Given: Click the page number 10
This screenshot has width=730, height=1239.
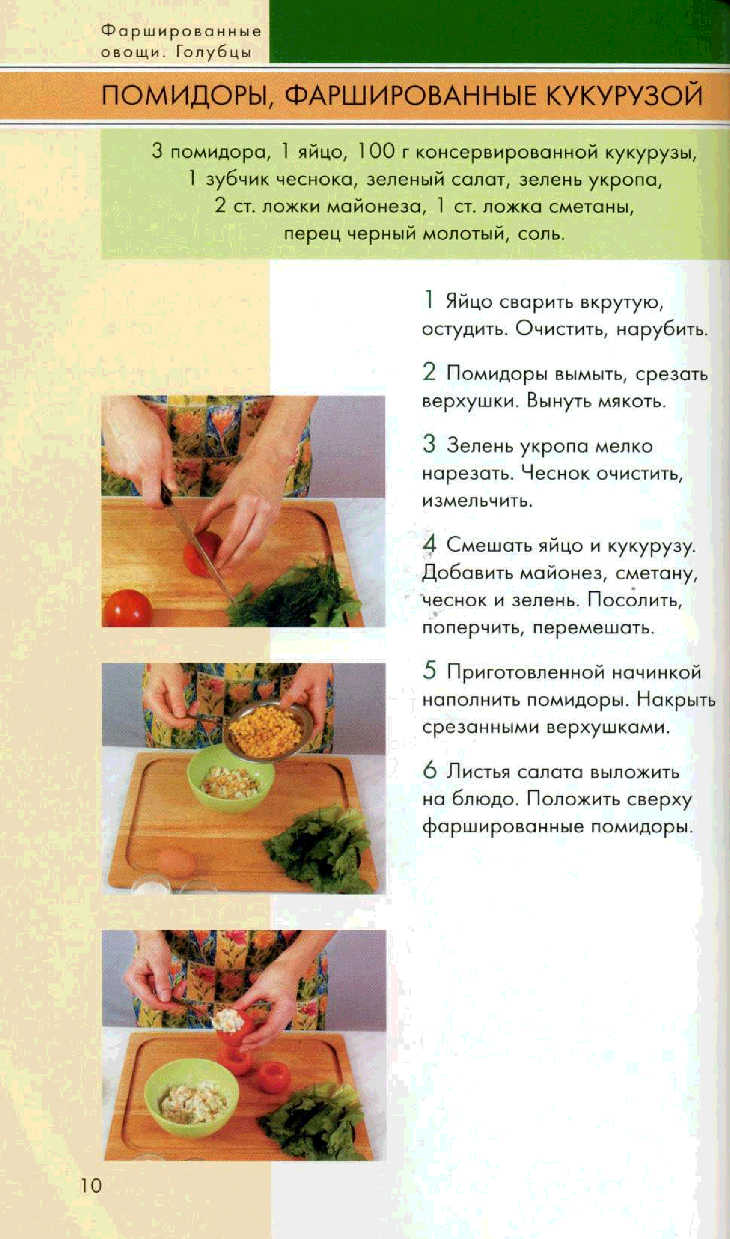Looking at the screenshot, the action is (91, 1185).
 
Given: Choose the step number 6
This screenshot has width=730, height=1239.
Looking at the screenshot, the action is (430, 770).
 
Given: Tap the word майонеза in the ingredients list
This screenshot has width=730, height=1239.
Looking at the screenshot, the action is (374, 206).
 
